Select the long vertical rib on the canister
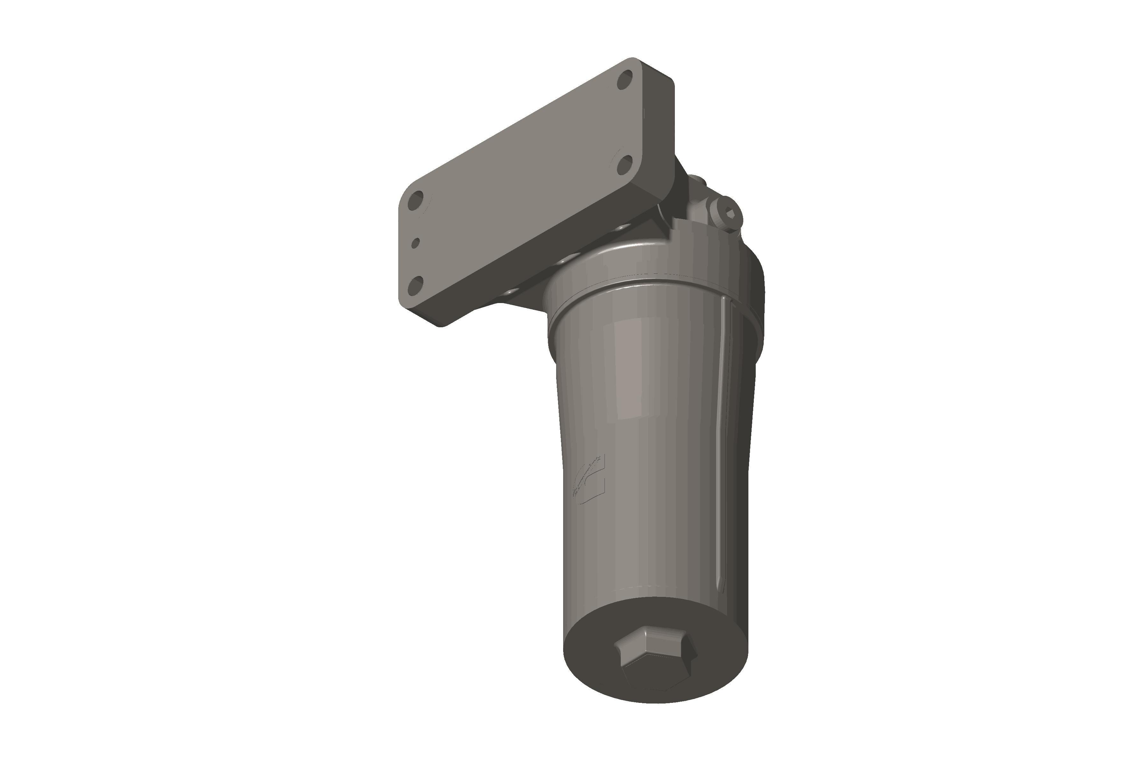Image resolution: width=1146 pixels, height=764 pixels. click(724, 439)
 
